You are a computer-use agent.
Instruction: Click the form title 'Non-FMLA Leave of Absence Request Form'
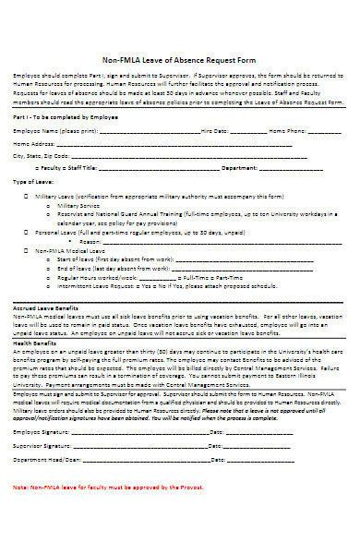pyautogui.click(x=180, y=56)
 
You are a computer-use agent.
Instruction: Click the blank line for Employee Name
pyautogui.click(x=148, y=132)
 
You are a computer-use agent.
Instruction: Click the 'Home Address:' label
pyautogui.click(x=33, y=144)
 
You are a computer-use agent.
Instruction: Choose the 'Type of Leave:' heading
pyautogui.click(x=32, y=182)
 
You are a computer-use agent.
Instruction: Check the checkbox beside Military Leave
pyautogui.click(x=26, y=197)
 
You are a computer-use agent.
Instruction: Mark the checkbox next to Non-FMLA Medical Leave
pyautogui.click(x=26, y=250)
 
